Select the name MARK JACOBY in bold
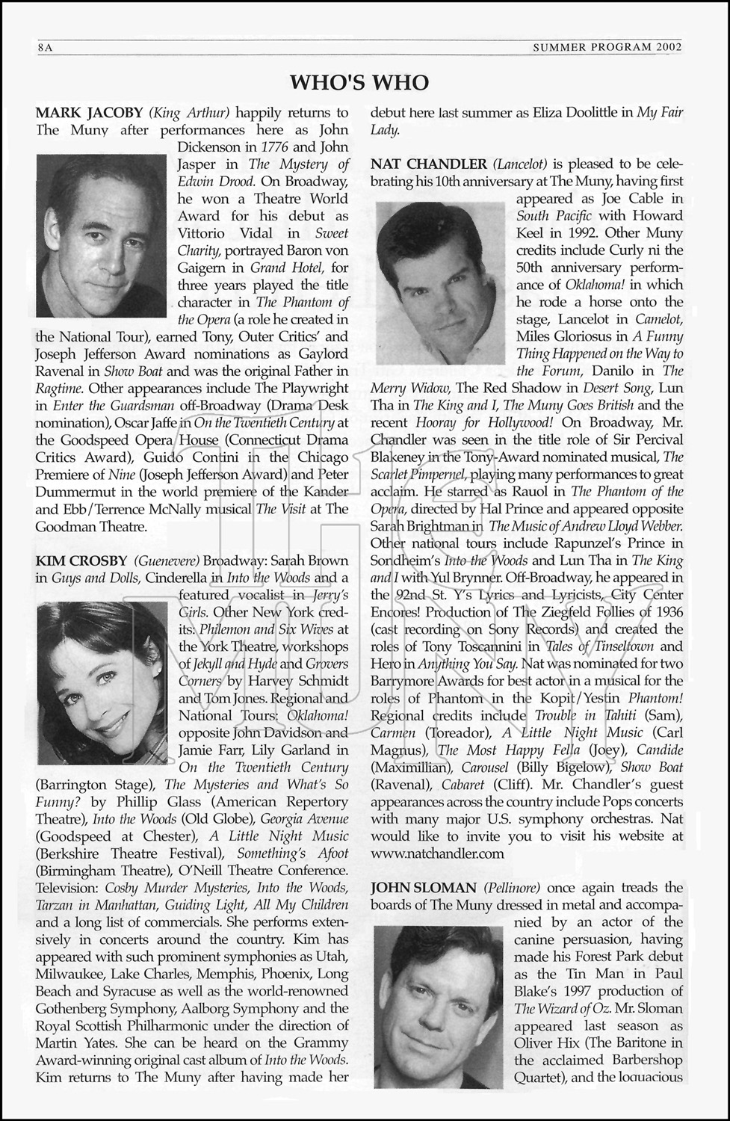[90, 113]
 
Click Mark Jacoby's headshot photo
[102, 235]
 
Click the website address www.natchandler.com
[437, 853]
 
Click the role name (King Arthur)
[190, 113]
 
